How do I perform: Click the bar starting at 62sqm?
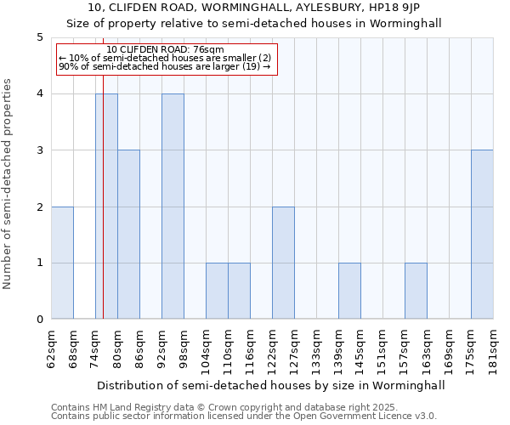(62, 263)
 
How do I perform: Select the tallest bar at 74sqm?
(106, 207)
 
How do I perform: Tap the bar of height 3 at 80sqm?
(128, 235)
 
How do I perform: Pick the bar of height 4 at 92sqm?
(173, 207)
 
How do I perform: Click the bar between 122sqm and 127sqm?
(283, 263)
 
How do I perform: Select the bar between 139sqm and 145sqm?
(349, 291)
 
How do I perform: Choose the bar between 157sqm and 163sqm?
(416, 291)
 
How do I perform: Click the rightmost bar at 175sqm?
(482, 235)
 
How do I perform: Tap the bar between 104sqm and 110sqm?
(217, 291)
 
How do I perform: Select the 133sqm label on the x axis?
(317, 348)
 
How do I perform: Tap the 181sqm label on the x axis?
(494, 348)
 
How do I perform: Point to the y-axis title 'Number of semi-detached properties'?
(8, 184)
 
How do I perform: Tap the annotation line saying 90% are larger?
(164, 66)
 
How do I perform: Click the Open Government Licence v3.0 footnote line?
(244, 416)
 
